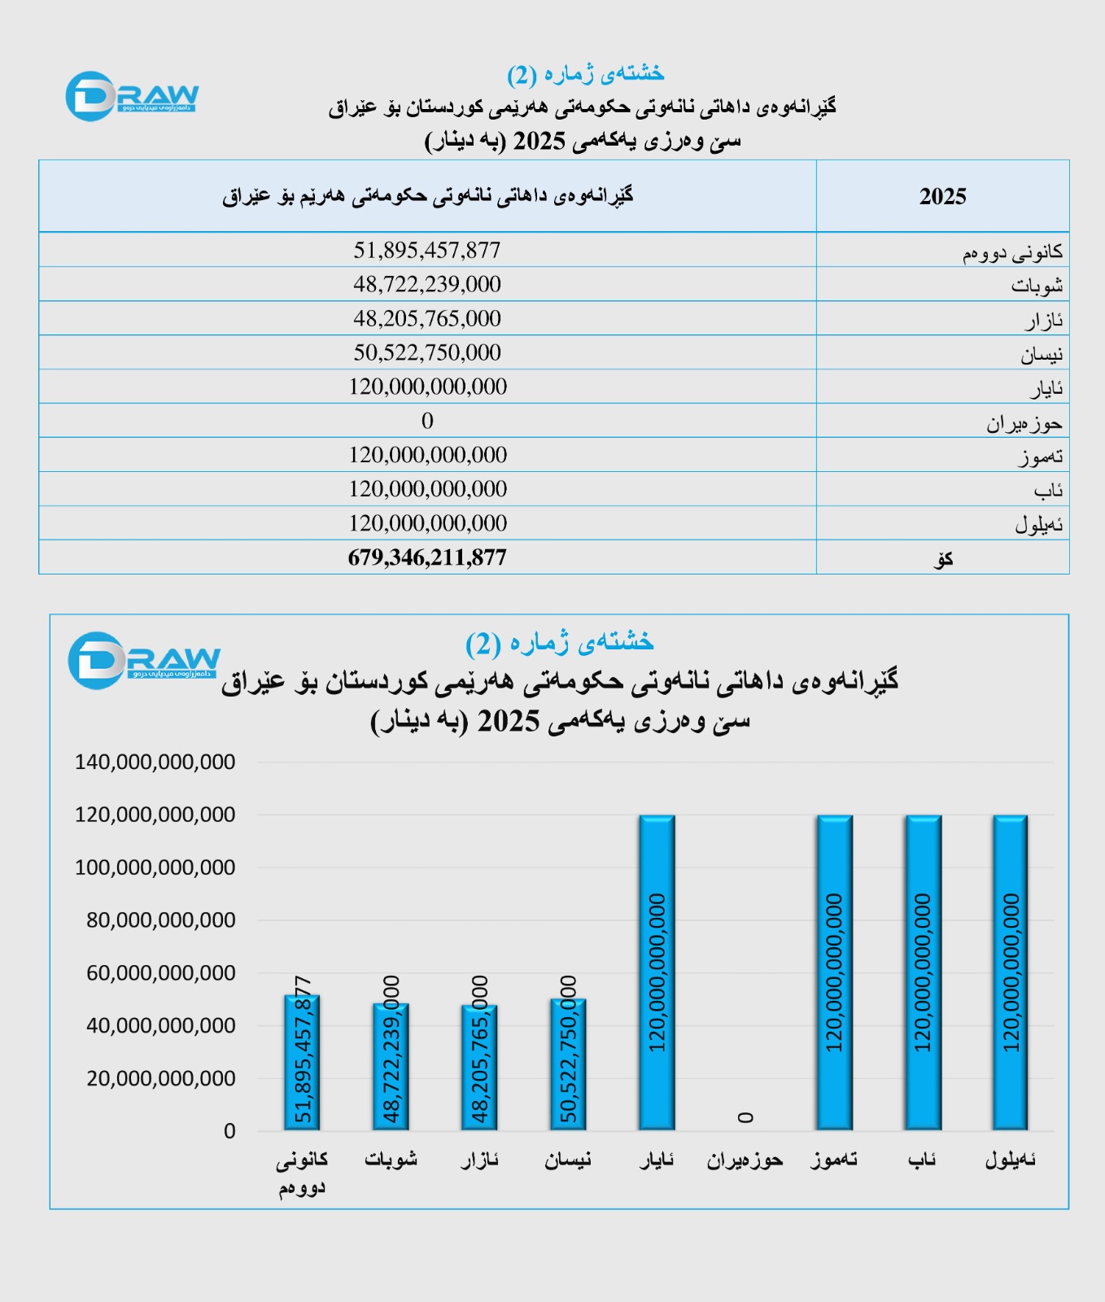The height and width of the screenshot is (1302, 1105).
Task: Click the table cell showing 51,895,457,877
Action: click(426, 250)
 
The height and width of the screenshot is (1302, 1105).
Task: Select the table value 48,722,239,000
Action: click(426, 284)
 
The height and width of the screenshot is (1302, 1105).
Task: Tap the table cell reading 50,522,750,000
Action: click(426, 352)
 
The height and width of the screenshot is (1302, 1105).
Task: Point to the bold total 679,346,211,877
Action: click(426, 557)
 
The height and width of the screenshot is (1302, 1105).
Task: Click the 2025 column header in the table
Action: click(942, 196)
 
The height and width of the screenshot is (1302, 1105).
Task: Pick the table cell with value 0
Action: click(427, 421)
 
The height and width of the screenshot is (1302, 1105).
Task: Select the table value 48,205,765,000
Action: click(426, 318)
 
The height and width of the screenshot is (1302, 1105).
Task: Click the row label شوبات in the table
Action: click(1037, 286)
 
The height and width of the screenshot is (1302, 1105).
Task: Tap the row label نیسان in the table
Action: click(1041, 354)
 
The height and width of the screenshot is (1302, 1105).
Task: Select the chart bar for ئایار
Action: click(657, 972)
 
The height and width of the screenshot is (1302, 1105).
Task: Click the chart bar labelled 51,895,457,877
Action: click(302, 1062)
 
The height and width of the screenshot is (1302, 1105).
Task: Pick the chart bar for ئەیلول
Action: click(1010, 972)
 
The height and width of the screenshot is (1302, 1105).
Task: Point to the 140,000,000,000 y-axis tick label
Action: click(155, 762)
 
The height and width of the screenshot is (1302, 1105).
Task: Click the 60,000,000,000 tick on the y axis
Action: click(160, 973)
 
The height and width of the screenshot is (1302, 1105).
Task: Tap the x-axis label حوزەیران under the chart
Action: click(745, 1160)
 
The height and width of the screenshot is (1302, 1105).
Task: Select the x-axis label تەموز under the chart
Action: click(834, 1160)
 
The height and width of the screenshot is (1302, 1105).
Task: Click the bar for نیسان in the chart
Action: click(568, 1064)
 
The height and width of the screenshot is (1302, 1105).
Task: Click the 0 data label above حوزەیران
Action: click(745, 1117)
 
